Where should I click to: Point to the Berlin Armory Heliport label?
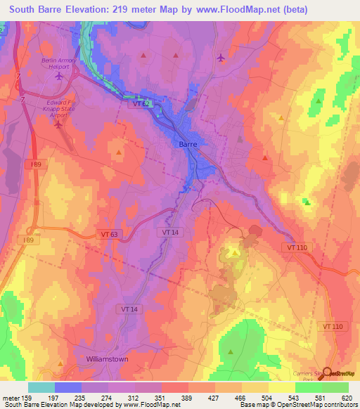point(58,64)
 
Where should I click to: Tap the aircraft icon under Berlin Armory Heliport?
point(58,77)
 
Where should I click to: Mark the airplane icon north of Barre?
point(221,58)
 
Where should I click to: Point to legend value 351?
point(162,398)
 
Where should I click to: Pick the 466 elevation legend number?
point(242,398)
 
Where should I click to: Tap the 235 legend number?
point(82,398)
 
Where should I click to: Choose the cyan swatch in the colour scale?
point(41,387)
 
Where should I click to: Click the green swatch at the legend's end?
point(335,387)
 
